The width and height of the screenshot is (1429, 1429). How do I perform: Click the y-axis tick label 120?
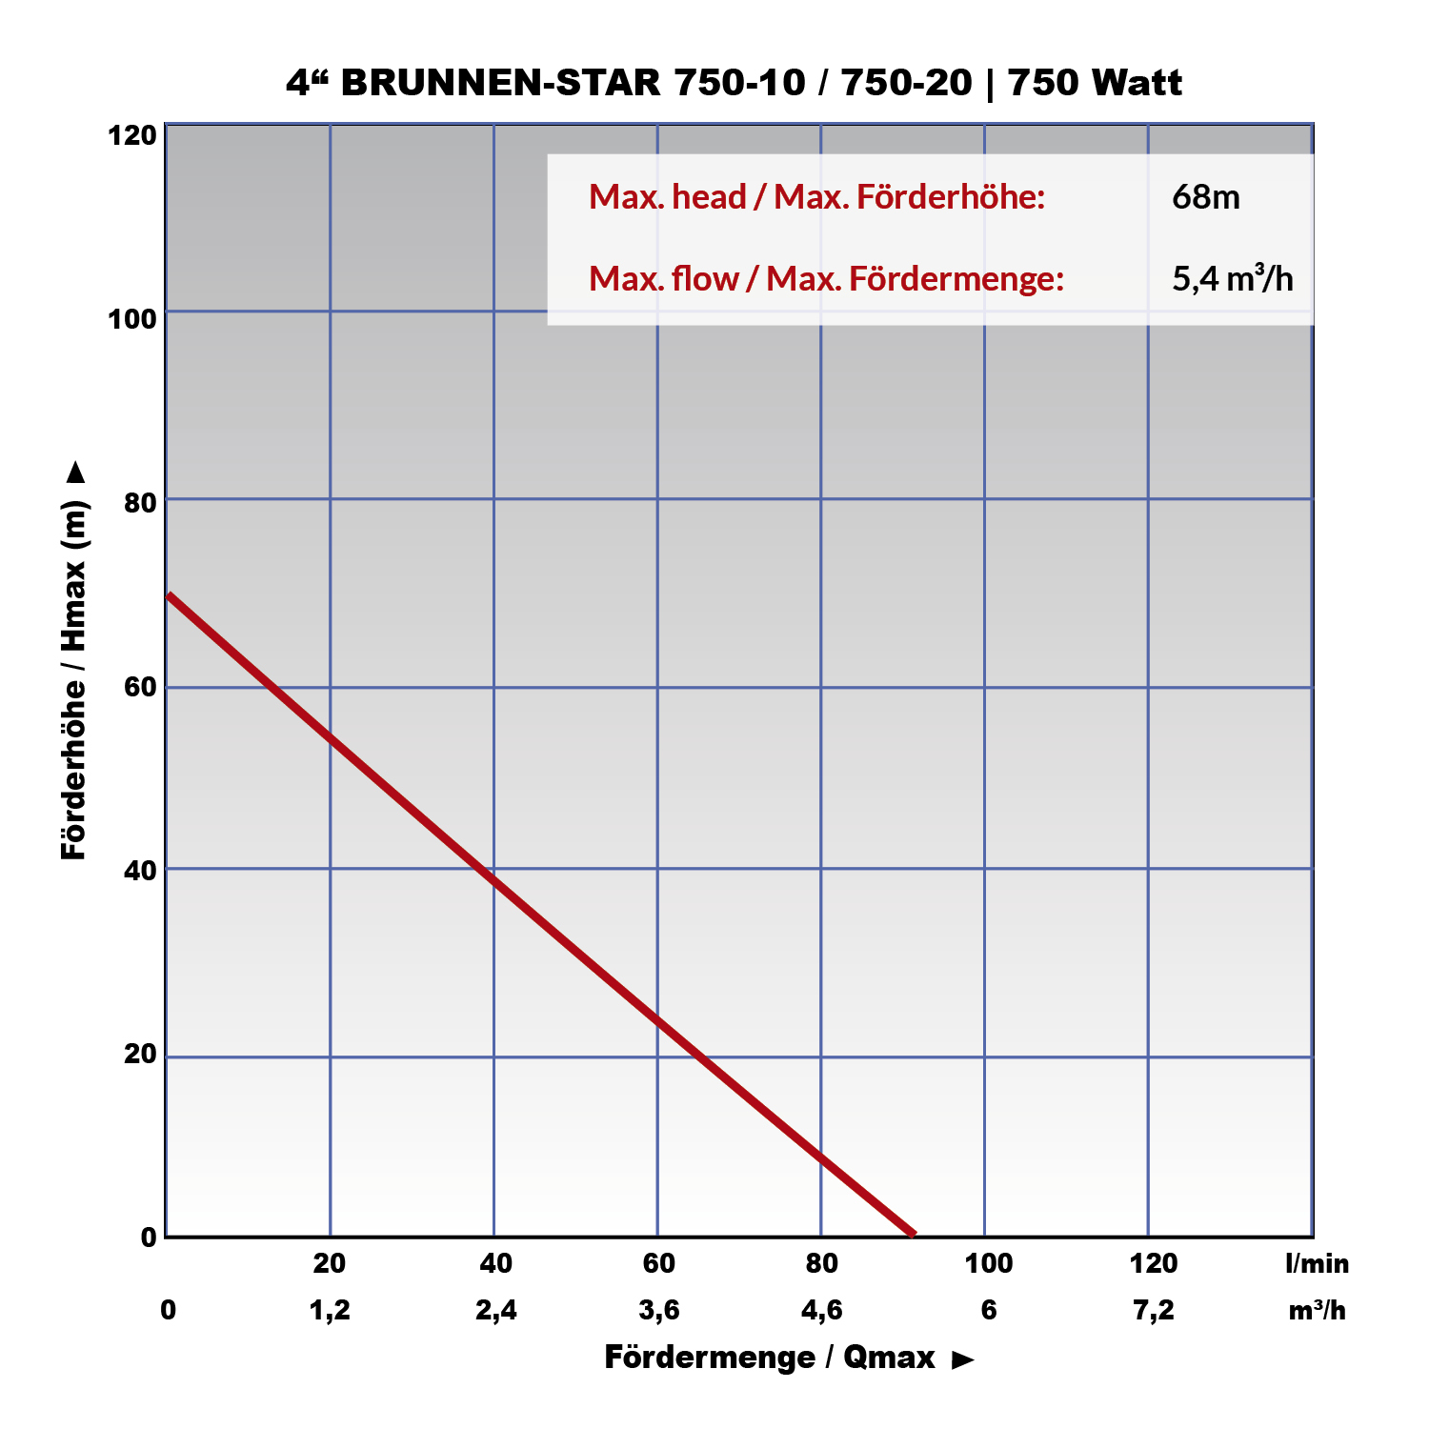click(132, 135)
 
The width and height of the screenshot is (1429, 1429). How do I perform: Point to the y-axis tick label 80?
click(140, 501)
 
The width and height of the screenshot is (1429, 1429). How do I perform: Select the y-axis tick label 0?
click(149, 1237)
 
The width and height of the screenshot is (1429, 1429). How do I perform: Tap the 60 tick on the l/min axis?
click(658, 1263)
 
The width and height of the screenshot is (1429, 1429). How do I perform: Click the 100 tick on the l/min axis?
click(988, 1263)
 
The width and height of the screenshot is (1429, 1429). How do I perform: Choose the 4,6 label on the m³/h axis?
click(821, 1310)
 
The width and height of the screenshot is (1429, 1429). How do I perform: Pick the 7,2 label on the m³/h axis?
click(1153, 1310)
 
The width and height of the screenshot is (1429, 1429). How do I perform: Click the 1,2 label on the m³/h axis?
click(330, 1310)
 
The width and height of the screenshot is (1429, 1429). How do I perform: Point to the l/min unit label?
click(1317, 1263)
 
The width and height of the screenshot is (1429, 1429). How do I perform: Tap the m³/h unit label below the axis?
click(1317, 1310)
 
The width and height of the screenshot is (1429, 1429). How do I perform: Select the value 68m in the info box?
click(1205, 197)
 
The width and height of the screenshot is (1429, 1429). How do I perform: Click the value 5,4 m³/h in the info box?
click(1232, 279)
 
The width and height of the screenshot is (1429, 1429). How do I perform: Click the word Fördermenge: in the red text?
click(956, 279)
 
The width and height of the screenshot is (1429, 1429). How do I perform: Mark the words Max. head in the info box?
click(667, 197)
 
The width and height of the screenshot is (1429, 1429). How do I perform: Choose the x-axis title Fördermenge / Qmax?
click(770, 1357)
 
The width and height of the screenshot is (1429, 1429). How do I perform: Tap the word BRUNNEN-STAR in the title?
click(500, 83)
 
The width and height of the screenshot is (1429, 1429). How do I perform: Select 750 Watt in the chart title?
click(1095, 83)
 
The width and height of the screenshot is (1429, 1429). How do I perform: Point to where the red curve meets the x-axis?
click(913, 1235)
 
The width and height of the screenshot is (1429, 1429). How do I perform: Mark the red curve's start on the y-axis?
click(169, 595)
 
